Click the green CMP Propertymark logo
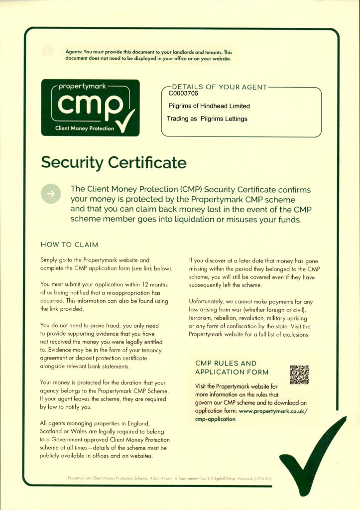click(90, 108)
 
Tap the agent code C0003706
click(183, 93)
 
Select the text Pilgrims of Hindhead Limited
click(209, 106)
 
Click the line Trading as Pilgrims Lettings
click(207, 119)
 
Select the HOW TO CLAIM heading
click(69, 245)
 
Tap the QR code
click(299, 375)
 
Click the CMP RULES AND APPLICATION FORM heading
click(232, 368)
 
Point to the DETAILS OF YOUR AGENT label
click(220, 87)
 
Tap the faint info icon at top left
click(47, 50)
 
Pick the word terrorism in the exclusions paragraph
click(203, 318)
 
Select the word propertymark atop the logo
click(80, 86)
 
